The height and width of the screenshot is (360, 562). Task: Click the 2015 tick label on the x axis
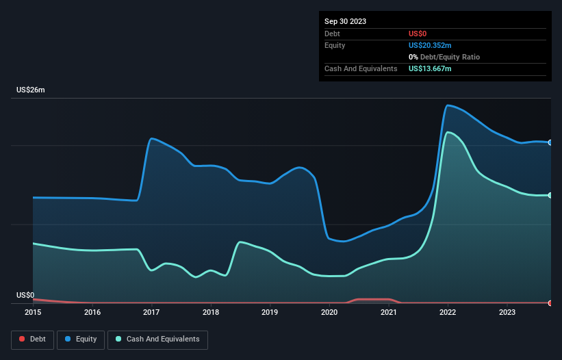coord(33,313)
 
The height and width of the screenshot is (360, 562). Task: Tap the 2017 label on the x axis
coord(151,313)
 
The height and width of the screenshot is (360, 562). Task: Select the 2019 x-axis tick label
coord(270,313)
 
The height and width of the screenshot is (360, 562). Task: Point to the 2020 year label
coord(329,313)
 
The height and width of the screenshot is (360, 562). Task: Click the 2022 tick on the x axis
coord(448,313)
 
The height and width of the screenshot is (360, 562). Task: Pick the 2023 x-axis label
coord(507,313)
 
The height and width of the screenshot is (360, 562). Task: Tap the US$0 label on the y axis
coord(25,296)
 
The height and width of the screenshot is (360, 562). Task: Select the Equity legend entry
coord(81,339)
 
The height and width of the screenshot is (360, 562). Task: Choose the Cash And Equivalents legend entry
coord(157,339)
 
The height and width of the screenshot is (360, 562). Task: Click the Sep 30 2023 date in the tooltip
coord(345,21)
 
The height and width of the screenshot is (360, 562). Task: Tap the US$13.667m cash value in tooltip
coord(430,68)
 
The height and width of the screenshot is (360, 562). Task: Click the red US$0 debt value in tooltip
coord(419,34)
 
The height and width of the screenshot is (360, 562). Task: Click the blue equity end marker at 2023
coord(550,142)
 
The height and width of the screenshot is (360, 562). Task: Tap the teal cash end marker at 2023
coord(550,196)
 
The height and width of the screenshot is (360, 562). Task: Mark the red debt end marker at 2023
coord(550,303)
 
